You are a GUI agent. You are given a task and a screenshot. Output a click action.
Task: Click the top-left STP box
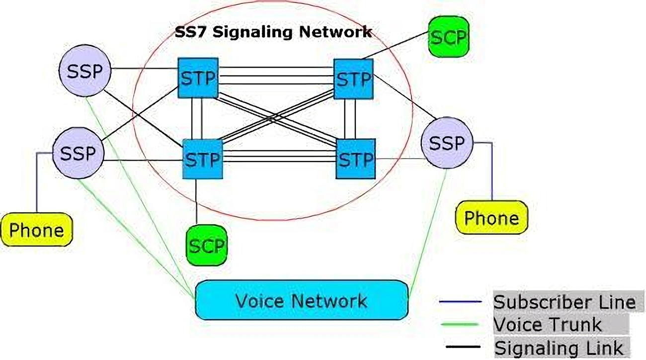click(198, 78)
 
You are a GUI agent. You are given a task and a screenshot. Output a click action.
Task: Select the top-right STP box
click(353, 79)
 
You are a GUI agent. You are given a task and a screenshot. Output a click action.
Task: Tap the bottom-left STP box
click(202, 159)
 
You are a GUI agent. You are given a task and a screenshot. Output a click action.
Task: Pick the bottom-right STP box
click(356, 159)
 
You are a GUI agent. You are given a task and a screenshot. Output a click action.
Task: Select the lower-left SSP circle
click(78, 153)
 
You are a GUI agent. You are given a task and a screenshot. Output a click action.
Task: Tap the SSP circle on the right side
click(447, 143)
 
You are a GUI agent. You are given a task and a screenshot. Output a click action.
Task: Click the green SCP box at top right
click(449, 37)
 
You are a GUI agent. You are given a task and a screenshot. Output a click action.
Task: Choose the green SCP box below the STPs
click(207, 245)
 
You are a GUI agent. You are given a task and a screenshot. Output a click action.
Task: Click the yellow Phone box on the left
click(37, 230)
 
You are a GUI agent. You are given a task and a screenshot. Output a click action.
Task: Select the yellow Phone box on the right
click(491, 217)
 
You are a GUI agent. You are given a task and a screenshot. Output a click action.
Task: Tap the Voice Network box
click(301, 300)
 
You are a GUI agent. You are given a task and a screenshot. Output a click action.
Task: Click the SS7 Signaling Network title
click(273, 32)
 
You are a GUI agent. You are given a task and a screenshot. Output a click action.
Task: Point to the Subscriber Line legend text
click(564, 302)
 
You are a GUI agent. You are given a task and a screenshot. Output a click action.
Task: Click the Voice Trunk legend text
click(547, 325)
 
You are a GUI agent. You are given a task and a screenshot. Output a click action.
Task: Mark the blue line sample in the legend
click(460, 302)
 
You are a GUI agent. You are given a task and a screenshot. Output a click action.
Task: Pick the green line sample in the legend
click(460, 325)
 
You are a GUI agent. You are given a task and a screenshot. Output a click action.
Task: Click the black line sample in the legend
click(460, 347)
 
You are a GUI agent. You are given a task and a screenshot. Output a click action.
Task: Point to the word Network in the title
click(335, 32)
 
